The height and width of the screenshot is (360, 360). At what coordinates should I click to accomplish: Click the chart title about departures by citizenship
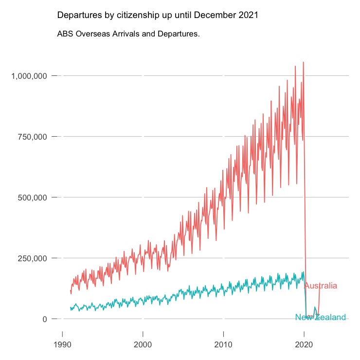pyautogui.click(x=158, y=15)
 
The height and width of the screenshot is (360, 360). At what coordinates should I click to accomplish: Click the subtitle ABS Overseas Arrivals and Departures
pyautogui.click(x=128, y=35)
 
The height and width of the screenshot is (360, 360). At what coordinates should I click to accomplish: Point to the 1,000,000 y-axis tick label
pyautogui.click(x=29, y=76)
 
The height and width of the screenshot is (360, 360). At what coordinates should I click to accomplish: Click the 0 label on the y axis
pyautogui.click(x=44, y=319)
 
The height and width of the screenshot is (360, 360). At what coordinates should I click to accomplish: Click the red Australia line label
pyautogui.click(x=320, y=286)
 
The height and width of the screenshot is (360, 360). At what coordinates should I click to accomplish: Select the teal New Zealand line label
pyautogui.click(x=320, y=318)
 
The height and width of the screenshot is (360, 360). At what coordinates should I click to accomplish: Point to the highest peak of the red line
pyautogui.click(x=303, y=62)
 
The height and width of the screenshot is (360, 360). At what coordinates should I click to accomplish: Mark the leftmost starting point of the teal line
pyautogui.click(x=71, y=308)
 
